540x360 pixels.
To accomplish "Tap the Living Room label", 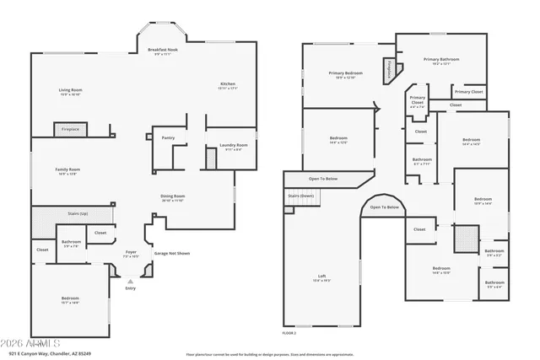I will click(x=70, y=91).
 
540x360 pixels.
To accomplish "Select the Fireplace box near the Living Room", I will click(x=70, y=129).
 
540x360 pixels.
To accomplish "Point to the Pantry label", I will click(x=168, y=137).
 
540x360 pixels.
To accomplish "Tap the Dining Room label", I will click(x=173, y=197).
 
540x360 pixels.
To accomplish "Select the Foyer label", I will click(x=131, y=252).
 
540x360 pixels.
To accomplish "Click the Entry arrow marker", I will click(x=130, y=282).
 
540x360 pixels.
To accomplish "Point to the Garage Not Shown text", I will click(x=171, y=253).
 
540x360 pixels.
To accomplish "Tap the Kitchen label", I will click(x=228, y=85).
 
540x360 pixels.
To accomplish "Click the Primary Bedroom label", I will click(x=346, y=74).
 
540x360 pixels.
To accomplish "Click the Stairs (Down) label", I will click(x=301, y=195).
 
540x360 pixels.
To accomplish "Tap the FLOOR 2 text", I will click(x=289, y=333).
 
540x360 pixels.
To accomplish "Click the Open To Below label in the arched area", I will click(x=384, y=207).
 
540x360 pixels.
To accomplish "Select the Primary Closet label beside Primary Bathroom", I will click(x=468, y=91).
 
